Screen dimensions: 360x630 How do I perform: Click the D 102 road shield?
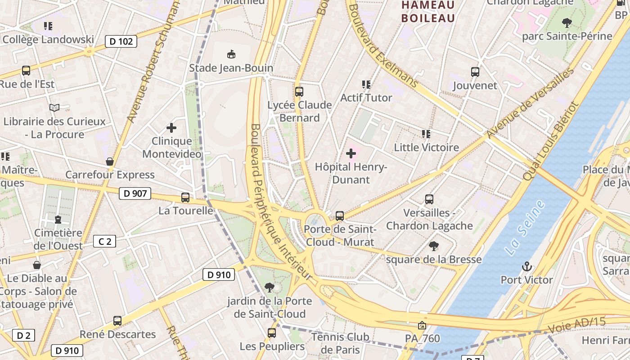pyautogui.click(x=121, y=42)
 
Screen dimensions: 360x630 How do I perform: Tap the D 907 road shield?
pyautogui.click(x=135, y=194)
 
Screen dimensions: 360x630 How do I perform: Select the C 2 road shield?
pyautogui.click(x=104, y=242)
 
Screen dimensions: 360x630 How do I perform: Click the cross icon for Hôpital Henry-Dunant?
pyautogui.click(x=351, y=153)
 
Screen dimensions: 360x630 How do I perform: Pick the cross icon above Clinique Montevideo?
pyautogui.click(x=171, y=128)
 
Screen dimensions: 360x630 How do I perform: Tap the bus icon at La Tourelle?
pyautogui.click(x=185, y=197)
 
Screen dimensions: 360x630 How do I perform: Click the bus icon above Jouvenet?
pyautogui.click(x=475, y=72)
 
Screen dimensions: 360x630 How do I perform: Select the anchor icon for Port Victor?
pyautogui.click(x=526, y=267)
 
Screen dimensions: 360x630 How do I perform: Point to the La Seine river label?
pyautogui.click(x=525, y=229)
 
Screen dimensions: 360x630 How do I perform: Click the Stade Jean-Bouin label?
pyautogui.click(x=231, y=68)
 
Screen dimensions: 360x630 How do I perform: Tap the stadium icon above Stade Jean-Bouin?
pyautogui.click(x=231, y=54)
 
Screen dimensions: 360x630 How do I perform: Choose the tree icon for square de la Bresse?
pyautogui.click(x=434, y=246)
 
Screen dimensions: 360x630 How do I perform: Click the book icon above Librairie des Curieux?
pyautogui.click(x=54, y=108)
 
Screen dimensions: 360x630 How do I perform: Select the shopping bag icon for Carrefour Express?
pyautogui.click(x=110, y=162)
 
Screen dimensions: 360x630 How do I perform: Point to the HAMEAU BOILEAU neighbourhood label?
pyautogui.click(x=428, y=12)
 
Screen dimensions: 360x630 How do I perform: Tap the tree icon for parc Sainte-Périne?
pyautogui.click(x=567, y=22)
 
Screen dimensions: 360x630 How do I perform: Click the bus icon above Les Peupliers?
pyautogui.click(x=272, y=333)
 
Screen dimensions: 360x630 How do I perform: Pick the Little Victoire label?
pyautogui.click(x=426, y=147)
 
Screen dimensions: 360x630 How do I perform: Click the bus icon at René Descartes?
pyautogui.click(x=117, y=321)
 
